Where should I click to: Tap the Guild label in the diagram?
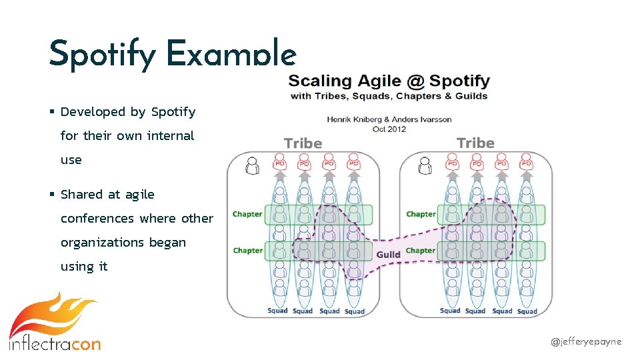click(x=388, y=255)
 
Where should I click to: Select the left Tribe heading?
click(x=303, y=143)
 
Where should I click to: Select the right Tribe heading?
click(x=475, y=143)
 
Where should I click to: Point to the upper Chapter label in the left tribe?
click(x=247, y=215)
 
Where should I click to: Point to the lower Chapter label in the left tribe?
click(x=247, y=251)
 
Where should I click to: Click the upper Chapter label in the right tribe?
click(x=421, y=215)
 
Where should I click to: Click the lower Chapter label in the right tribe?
click(x=421, y=251)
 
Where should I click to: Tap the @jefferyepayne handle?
click(x=585, y=341)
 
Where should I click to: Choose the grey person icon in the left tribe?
click(x=252, y=165)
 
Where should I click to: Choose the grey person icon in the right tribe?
click(x=424, y=165)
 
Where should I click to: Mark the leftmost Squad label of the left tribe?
click(x=277, y=311)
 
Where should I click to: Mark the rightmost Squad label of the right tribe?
click(x=527, y=311)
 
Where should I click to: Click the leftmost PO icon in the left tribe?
click(x=279, y=162)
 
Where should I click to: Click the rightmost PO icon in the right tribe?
click(x=527, y=162)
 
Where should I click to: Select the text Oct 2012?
click(x=389, y=129)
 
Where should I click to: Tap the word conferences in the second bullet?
click(x=97, y=219)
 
